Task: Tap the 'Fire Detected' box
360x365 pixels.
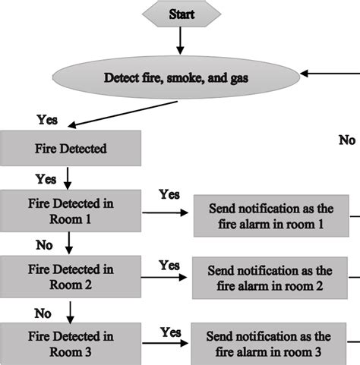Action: [71, 149]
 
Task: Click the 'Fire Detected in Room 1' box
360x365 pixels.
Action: [71, 212]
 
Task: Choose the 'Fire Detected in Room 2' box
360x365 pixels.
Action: [71, 276]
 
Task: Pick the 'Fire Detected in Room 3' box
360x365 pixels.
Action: [71, 343]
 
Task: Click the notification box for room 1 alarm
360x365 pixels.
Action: [270, 217]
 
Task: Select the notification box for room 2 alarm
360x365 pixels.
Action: [270, 278]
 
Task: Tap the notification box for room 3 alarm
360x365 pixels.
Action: [270, 345]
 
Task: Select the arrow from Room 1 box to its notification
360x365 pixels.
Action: [164, 213]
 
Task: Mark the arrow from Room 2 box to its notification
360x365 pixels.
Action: [164, 278]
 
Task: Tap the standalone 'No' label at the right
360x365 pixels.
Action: [346, 140]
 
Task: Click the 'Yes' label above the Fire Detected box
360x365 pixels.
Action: [47, 119]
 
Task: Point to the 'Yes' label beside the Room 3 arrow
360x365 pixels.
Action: [169, 332]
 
